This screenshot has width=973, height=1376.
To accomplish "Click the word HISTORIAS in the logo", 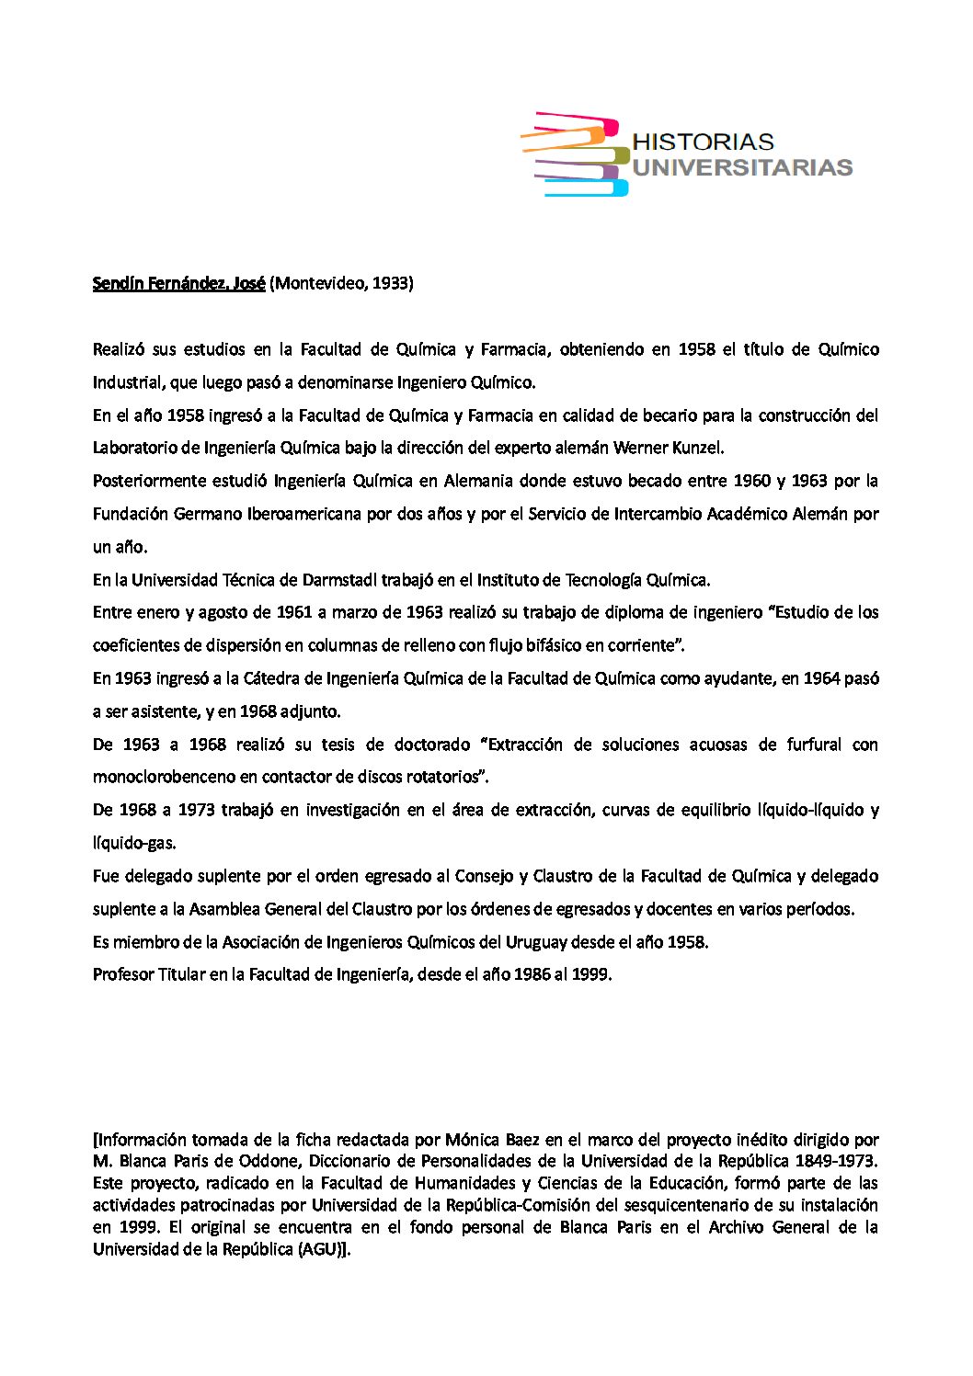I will coord(704,142).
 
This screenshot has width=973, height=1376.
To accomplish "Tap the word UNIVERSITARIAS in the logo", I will coord(742,167).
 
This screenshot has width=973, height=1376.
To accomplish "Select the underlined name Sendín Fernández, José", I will coord(178,283).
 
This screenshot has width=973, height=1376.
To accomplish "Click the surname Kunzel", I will coord(698,448).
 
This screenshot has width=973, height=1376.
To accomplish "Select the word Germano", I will coord(208,514).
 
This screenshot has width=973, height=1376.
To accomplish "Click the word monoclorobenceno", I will coord(164,777).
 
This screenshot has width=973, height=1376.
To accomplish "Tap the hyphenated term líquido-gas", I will coord(134,843).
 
